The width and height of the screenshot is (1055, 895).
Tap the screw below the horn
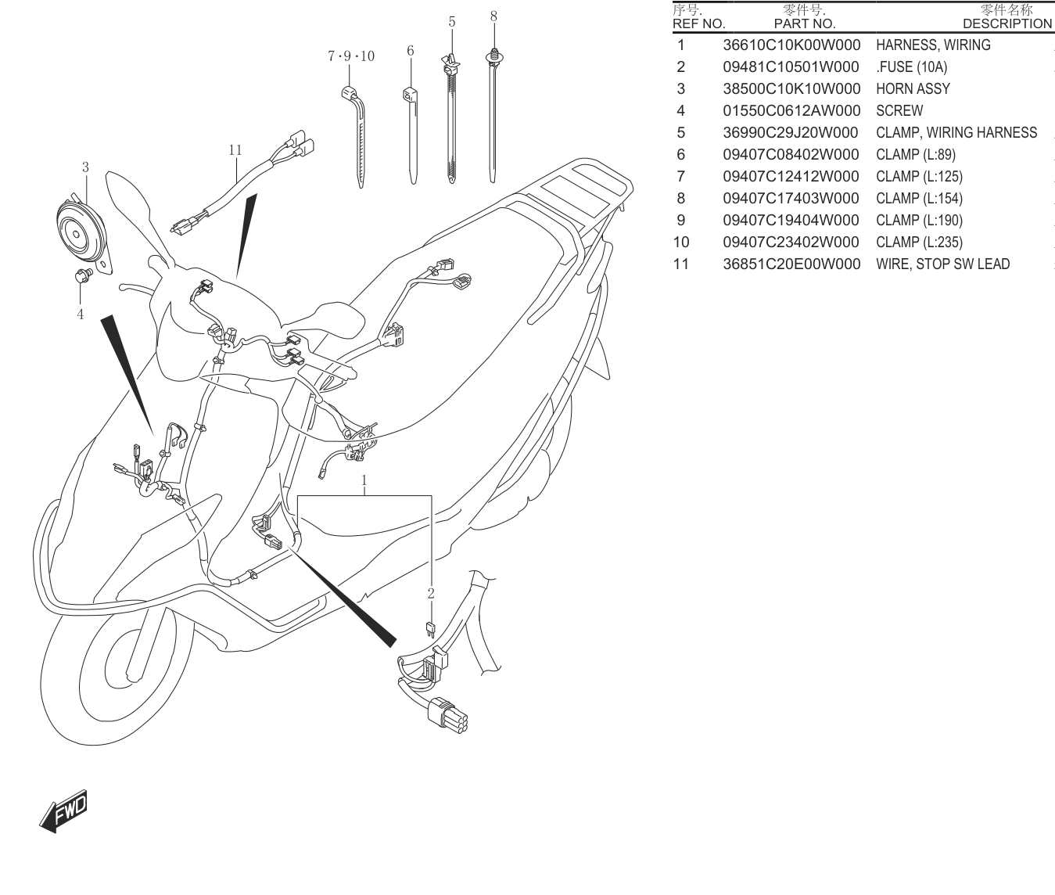83,276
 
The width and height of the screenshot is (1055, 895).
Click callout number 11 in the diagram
235,150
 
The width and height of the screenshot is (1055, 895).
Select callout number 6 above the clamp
411,51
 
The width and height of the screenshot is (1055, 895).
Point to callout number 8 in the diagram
493,16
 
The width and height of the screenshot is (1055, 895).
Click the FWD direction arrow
64,812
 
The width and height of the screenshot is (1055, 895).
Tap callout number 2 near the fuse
431,593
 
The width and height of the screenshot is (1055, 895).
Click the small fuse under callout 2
430,630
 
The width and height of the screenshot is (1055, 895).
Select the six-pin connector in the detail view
447,714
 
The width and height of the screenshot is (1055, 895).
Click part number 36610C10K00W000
791,45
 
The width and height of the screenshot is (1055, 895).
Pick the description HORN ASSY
913,89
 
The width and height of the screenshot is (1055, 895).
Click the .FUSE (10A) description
912,66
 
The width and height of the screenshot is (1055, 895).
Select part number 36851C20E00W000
791,264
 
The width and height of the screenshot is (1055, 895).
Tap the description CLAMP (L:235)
919,242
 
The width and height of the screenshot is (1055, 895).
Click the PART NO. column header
805,23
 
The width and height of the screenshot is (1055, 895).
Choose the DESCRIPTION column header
1007,23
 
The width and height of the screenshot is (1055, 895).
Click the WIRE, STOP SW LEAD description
942,264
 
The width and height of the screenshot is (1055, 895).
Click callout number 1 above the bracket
364,480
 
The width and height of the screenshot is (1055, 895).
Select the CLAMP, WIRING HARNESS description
956,133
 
